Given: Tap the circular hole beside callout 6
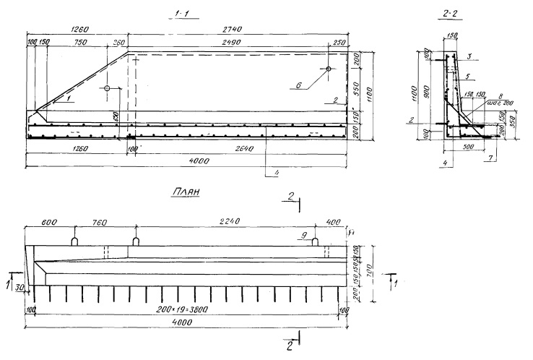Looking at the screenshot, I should pyautogui.click(x=328, y=69).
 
